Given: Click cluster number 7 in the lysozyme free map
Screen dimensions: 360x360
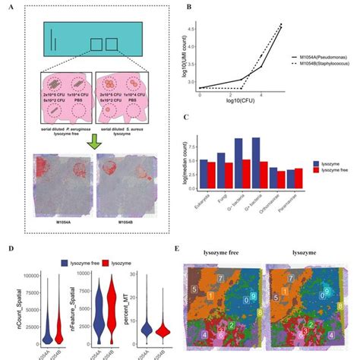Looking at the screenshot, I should (221, 279).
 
